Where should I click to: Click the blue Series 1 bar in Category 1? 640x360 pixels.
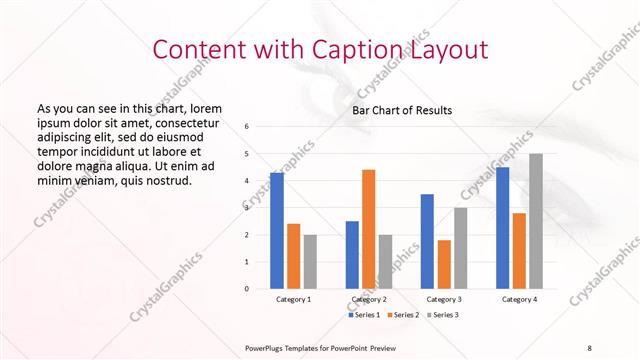click(x=276, y=231)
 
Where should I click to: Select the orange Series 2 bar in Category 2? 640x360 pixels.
click(x=368, y=229)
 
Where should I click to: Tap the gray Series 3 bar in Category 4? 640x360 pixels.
click(x=536, y=221)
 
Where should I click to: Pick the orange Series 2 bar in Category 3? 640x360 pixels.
click(x=444, y=264)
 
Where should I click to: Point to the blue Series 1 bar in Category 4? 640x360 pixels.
click(x=503, y=228)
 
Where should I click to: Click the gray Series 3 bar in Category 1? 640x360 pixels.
click(x=310, y=262)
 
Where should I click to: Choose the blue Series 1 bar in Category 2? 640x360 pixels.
click(x=352, y=255)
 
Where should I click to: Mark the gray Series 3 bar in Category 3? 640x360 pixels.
click(x=460, y=248)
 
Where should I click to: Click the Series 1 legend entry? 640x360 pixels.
click(x=364, y=315)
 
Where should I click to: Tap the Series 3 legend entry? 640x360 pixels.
click(x=445, y=315)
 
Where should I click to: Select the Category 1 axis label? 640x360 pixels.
click(x=293, y=299)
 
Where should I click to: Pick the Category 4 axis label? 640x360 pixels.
click(x=519, y=299)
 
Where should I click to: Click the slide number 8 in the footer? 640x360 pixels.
click(x=589, y=346)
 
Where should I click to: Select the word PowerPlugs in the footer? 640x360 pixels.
click(x=267, y=346)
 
